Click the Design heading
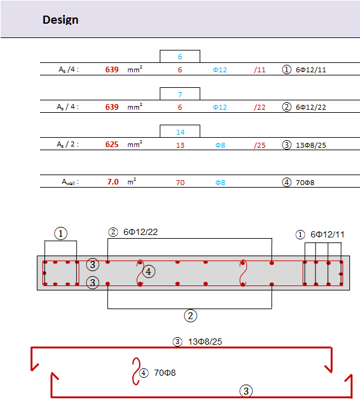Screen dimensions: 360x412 tap(61, 20)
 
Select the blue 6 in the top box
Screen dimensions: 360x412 tap(180, 57)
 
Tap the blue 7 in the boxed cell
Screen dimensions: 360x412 tap(180, 95)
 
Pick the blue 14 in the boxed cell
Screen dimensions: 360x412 tap(180, 132)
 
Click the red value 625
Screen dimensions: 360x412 tap(112, 145)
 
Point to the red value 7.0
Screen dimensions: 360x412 tap(113, 182)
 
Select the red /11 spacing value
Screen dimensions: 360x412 tap(260, 70)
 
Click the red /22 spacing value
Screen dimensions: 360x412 tap(260, 107)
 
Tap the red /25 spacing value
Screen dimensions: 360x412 tap(260, 145)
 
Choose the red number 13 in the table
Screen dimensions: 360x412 tap(180, 145)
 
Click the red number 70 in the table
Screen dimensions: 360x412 tap(180, 183)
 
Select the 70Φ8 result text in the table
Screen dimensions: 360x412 tap(305, 183)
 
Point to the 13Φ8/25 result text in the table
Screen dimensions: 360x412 tap(311, 145)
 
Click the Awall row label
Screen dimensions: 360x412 tap(71, 182)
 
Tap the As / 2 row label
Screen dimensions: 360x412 tap(68, 145)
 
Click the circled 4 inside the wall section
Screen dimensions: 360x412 tap(148, 271)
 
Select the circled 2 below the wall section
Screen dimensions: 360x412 tap(190, 315)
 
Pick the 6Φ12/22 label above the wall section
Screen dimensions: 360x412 tap(140, 232)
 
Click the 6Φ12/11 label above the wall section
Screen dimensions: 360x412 tap(328, 234)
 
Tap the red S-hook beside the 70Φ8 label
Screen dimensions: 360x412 tap(136, 371)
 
